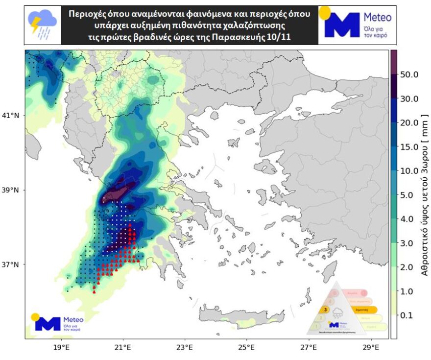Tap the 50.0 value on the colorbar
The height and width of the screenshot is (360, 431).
coord(409,75)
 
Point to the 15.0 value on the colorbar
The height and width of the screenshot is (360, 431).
coord(409,147)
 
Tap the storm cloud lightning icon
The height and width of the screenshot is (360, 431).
coord(42,24)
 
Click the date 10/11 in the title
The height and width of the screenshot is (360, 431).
coord(280,37)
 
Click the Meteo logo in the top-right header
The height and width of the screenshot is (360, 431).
coord(358,24)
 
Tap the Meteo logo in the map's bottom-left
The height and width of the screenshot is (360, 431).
coord(57,322)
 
